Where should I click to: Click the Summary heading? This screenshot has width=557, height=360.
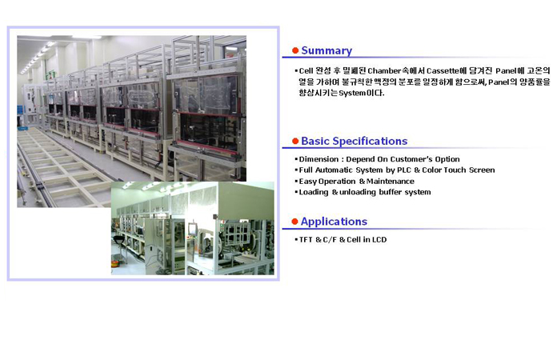coord(327,50)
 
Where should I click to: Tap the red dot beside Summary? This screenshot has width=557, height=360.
coord(295,50)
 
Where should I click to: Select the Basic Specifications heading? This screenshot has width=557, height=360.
coord(355,142)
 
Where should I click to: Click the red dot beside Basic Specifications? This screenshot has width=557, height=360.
coord(295,141)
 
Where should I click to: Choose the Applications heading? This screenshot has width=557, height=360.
coord(334,222)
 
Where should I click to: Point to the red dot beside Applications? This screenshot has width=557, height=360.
coord(295,222)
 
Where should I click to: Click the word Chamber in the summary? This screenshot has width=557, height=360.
coord(384,71)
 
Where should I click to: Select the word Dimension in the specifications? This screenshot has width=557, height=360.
coord(319,159)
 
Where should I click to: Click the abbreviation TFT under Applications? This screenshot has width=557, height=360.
coord(306,240)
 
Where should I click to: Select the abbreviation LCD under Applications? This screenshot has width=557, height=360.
coord(379,240)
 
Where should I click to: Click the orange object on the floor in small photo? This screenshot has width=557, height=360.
coord(115,263)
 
